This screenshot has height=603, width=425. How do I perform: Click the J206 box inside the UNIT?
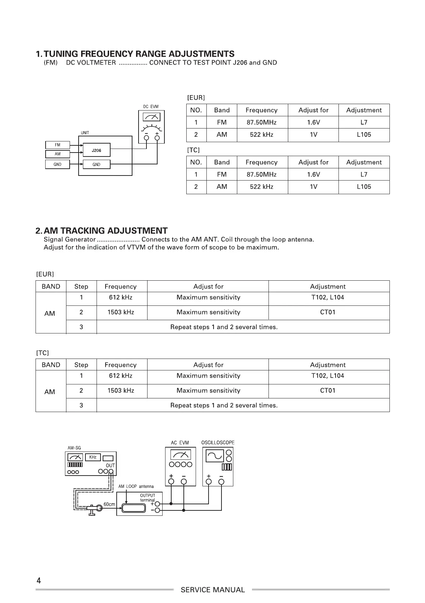tap(96, 150)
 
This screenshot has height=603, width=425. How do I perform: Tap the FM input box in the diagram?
tap(57, 145)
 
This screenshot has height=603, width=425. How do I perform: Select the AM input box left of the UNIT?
tap(57, 154)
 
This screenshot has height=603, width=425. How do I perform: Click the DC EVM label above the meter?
tap(151, 107)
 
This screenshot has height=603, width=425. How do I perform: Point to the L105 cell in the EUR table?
tap(364, 135)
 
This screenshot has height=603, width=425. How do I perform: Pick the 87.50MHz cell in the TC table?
tap(261, 174)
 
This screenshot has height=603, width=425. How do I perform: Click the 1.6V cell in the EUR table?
tap(313, 122)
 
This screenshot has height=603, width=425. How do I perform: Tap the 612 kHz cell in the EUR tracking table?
tap(121, 297)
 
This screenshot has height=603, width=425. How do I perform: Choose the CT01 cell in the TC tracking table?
tap(327, 391)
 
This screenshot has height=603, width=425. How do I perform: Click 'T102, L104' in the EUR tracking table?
tap(327, 297)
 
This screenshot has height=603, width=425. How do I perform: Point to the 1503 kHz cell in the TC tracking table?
tap(121, 391)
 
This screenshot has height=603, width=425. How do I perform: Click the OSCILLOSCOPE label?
tap(218, 443)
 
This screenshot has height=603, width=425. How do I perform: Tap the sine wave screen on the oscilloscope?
tap(215, 456)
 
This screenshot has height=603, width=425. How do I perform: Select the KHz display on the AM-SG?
tap(93, 457)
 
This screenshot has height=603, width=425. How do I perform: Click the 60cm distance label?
tap(109, 504)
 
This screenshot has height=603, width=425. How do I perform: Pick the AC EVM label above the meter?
tap(180, 443)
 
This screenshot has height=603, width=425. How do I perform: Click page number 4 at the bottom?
tap(39, 581)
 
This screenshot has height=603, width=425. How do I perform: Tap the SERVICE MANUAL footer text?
tap(212, 590)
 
